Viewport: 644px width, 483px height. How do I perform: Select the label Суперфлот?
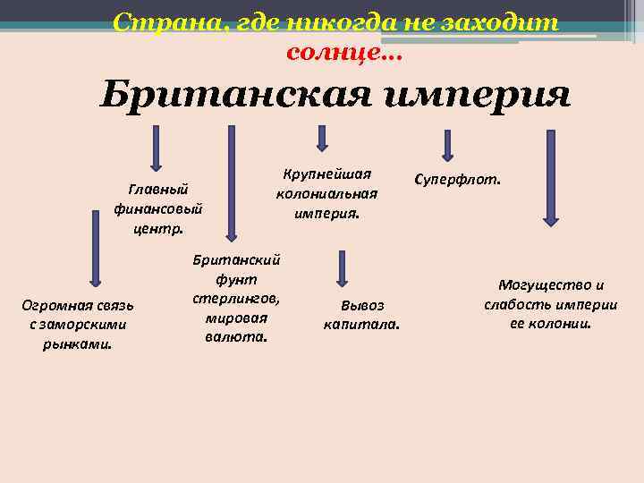(457, 179)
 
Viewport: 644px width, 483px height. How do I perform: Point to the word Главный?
(158, 190)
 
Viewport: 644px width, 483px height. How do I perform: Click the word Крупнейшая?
(326, 174)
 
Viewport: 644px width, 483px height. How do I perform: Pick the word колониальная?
(326, 193)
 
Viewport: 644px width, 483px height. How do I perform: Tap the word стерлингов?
(236, 298)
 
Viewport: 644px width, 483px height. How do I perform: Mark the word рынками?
(77, 343)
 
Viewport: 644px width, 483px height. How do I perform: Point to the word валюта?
(236, 337)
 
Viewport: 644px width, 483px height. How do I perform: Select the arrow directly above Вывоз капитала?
(342, 269)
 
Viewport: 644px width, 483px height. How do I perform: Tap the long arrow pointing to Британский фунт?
(232, 182)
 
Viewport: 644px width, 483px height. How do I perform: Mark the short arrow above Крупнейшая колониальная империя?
(322, 138)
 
